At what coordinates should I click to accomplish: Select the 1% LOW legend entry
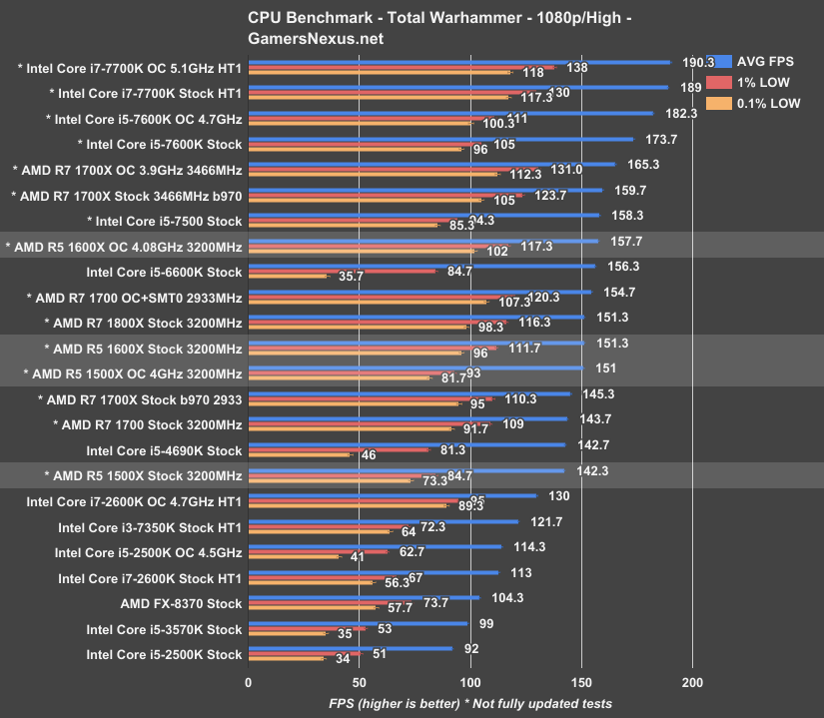pyautogui.click(x=763, y=82)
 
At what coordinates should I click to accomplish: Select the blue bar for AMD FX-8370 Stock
pyautogui.click(x=364, y=598)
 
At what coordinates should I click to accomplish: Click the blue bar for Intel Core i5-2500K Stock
pyautogui.click(x=350, y=649)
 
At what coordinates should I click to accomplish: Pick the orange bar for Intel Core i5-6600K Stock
pyautogui.click(x=288, y=277)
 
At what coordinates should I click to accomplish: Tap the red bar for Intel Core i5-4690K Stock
pyautogui.click(x=339, y=449)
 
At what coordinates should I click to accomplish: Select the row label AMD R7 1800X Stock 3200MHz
pyautogui.click(x=144, y=323)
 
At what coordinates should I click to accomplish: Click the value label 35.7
pyautogui.click(x=351, y=277)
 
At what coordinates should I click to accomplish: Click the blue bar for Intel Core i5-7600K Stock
pyautogui.click(x=440, y=140)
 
